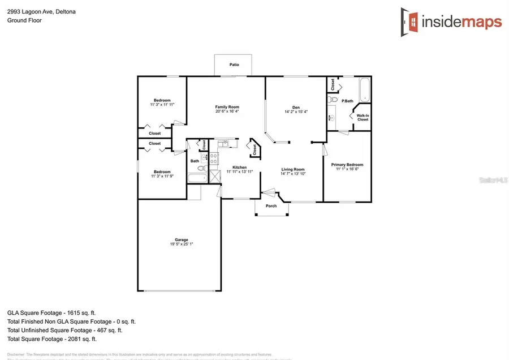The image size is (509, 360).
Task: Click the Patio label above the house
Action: pyautogui.click(x=234, y=65)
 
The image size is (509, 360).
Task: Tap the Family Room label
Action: pyautogui.click(x=227, y=107)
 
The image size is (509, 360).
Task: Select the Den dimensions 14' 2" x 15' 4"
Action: pyautogui.click(x=296, y=112)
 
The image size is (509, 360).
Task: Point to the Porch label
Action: pyautogui.click(x=271, y=205)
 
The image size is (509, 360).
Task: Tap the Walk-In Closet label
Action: pyautogui.click(x=363, y=118)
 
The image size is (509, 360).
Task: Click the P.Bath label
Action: pyautogui.click(x=348, y=101)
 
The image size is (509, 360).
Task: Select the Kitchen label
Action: pyautogui.click(x=239, y=168)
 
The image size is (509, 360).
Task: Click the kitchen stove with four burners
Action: pyautogui.click(x=214, y=158)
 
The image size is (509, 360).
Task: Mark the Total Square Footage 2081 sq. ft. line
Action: pyautogui.click(x=51, y=339)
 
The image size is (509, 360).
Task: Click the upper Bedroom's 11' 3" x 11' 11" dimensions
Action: pyautogui.click(x=162, y=105)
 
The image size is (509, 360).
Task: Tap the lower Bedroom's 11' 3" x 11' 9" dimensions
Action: pyautogui.click(x=162, y=177)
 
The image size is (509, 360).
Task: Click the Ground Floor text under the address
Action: pyautogui.click(x=24, y=20)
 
